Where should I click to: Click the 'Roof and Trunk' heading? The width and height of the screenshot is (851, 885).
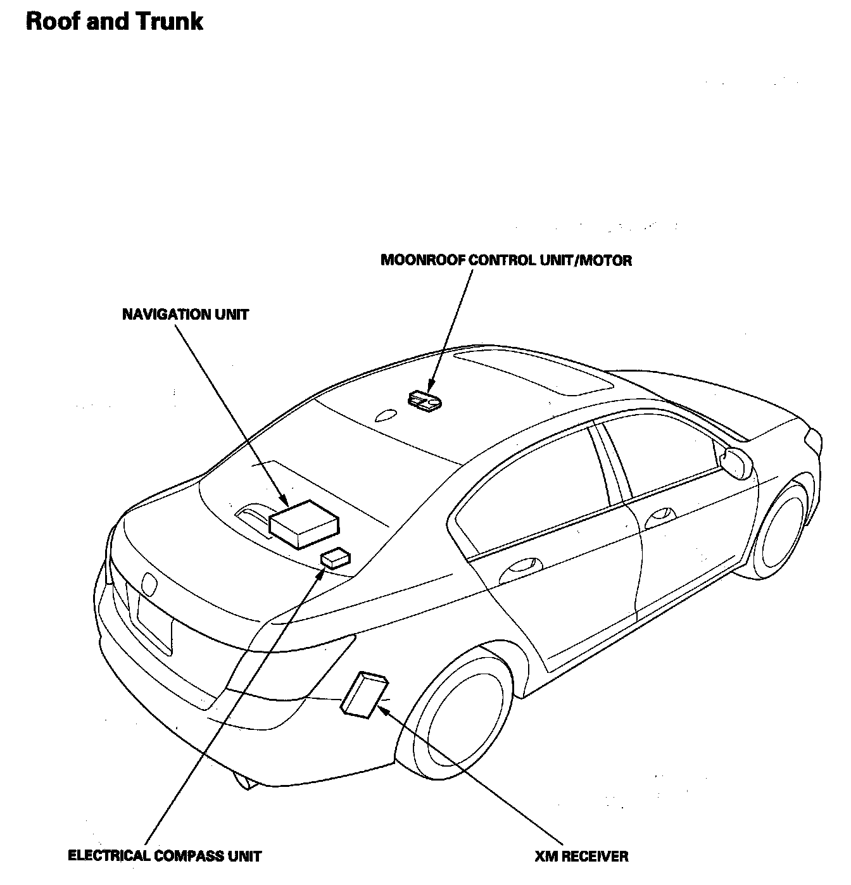pyautogui.click(x=114, y=22)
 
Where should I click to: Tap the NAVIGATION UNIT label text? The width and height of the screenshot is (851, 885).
pyautogui.click(x=186, y=315)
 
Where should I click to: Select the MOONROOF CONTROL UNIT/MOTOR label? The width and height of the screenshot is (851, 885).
pyautogui.click(x=506, y=260)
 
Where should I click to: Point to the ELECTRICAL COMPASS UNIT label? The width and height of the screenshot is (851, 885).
pyautogui.click(x=165, y=857)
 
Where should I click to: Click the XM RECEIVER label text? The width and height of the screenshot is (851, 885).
pyautogui.click(x=581, y=857)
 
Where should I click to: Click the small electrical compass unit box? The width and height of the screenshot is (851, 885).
pyautogui.click(x=336, y=557)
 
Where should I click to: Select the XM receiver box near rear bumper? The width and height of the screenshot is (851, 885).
pyautogui.click(x=365, y=695)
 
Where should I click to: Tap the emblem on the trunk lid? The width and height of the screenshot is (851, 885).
pyautogui.click(x=149, y=584)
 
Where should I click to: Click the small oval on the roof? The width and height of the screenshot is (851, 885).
pyautogui.click(x=385, y=415)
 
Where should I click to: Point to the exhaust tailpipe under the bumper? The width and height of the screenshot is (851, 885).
pyautogui.click(x=244, y=782)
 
